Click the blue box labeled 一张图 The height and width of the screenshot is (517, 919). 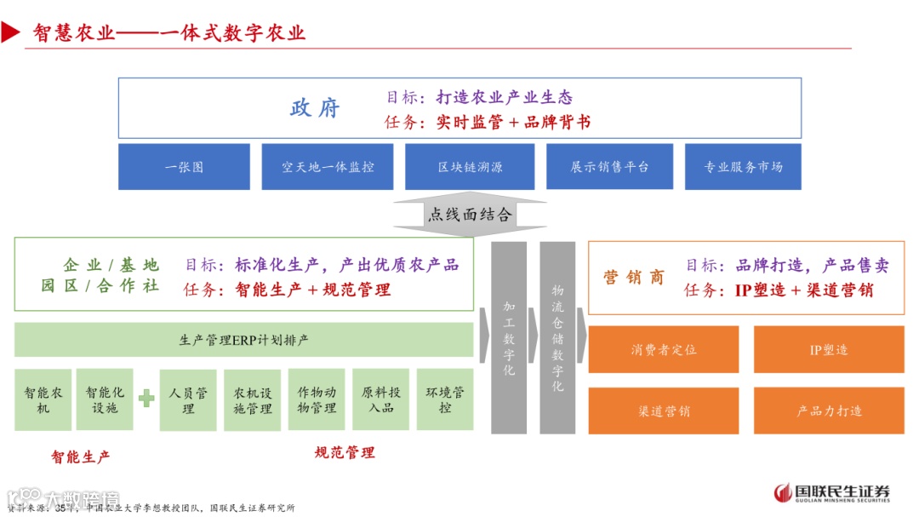click(x=184, y=167)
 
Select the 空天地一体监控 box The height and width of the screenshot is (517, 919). click(x=328, y=167)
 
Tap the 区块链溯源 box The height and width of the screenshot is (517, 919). click(x=470, y=167)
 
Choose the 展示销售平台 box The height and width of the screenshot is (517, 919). click(x=609, y=167)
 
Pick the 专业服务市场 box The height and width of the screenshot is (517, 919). click(x=743, y=167)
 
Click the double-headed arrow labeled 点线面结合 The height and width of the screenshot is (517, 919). click(x=470, y=215)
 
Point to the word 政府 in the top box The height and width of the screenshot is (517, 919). click(x=315, y=109)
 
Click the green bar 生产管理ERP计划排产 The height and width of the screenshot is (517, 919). click(x=244, y=340)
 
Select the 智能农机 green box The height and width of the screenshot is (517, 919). click(x=43, y=399)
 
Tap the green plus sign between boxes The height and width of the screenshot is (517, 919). click(x=146, y=398)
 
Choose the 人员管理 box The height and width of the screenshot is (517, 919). click(x=188, y=399)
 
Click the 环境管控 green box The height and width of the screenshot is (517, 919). click(x=445, y=399)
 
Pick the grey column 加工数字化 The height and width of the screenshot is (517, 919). click(x=509, y=338)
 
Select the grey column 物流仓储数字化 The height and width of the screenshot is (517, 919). click(x=557, y=338)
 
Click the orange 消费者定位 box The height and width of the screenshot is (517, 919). click(x=664, y=349)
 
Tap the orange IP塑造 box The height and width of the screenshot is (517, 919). click(x=829, y=349)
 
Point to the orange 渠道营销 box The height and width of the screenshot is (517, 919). click(x=664, y=411)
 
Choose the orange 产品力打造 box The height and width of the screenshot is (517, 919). click(x=829, y=411)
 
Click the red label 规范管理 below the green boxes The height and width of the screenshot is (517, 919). click(x=345, y=452)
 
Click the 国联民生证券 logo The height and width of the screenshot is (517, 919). click(x=832, y=492)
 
